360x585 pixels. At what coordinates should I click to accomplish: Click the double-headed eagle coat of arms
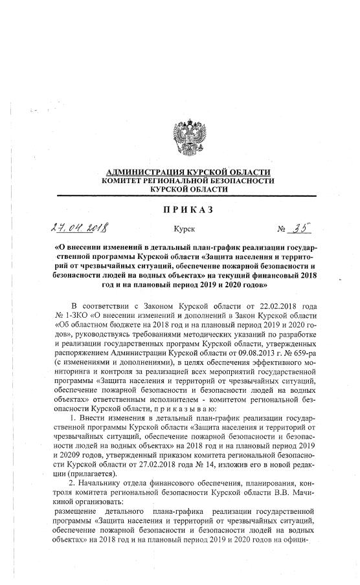click(x=188, y=135)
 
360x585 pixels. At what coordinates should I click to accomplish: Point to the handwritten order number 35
click(x=302, y=227)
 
